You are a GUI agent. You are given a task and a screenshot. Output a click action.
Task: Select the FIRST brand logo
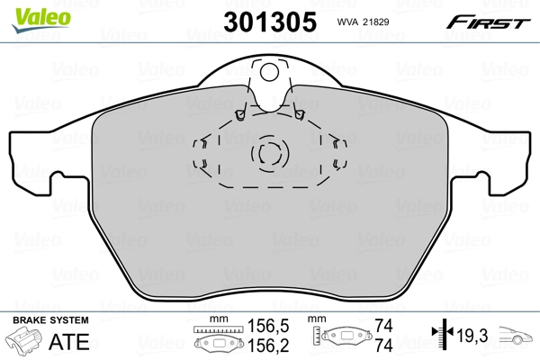(490, 22)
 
